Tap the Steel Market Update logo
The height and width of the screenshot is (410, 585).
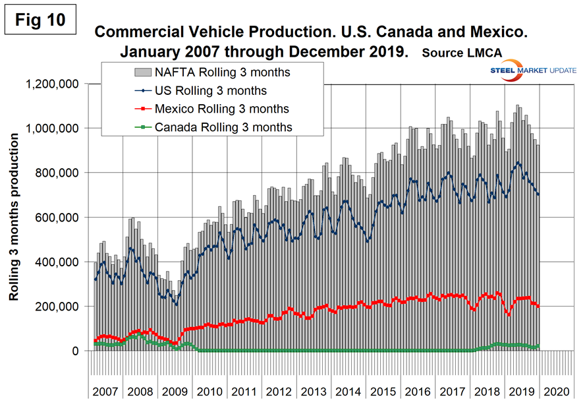tap(533, 72)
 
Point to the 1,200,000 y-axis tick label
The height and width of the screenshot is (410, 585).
tap(52, 84)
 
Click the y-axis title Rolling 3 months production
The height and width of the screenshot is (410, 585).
tap(14, 218)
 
